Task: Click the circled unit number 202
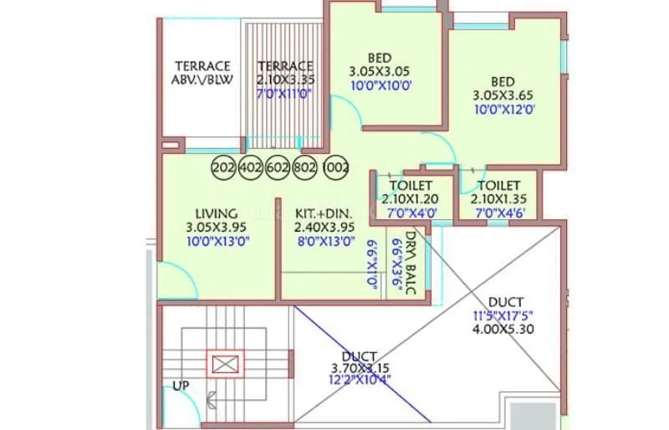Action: [x=223, y=167]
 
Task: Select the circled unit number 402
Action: [x=251, y=167]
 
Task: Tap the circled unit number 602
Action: [x=278, y=167]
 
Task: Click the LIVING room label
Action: [x=217, y=213]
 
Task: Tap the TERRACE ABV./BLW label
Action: [x=202, y=73]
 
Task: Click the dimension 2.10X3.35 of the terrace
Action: [x=285, y=80]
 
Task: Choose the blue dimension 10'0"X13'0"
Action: [x=217, y=241]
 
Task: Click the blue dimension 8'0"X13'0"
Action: [x=324, y=241]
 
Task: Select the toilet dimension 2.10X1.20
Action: [x=409, y=198]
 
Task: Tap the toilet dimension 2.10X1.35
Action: [x=498, y=198]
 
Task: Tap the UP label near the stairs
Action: [x=180, y=386]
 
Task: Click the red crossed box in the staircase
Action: [x=224, y=365]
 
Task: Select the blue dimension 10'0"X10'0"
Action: [x=380, y=85]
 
